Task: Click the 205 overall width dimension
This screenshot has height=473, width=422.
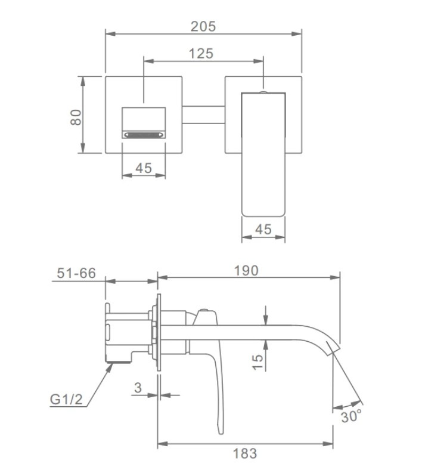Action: click(203, 26)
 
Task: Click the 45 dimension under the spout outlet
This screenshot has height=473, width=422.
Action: click(143, 168)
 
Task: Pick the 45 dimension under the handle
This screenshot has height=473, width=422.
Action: click(263, 229)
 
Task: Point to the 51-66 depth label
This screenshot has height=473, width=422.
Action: click(76, 273)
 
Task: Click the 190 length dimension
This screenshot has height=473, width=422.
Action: click(246, 270)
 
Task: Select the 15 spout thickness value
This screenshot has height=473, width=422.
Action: click(257, 362)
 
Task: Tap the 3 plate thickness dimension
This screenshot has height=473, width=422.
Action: click(138, 388)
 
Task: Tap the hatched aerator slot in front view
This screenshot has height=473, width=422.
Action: click(143, 135)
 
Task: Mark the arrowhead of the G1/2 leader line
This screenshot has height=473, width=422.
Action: click(111, 364)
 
